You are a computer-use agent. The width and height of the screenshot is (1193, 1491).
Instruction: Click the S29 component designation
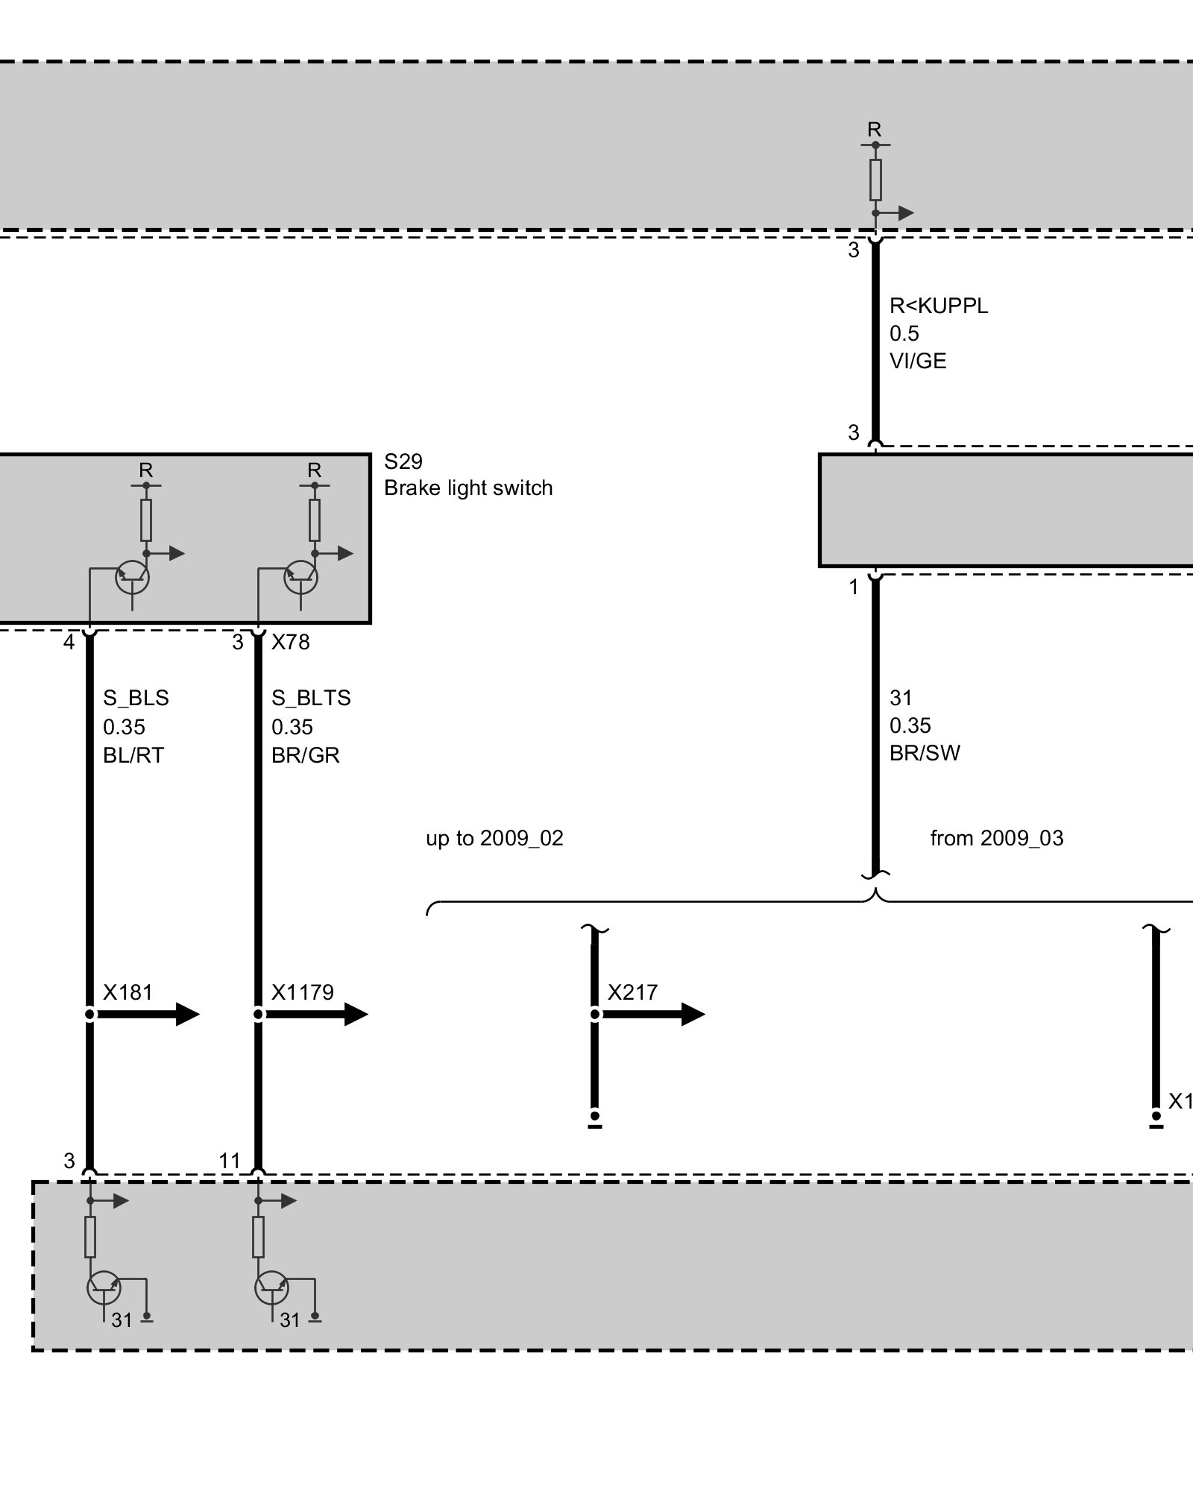[403, 462]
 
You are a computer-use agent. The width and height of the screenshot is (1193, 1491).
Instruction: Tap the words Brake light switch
[468, 488]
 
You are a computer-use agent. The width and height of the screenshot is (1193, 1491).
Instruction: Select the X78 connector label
[291, 642]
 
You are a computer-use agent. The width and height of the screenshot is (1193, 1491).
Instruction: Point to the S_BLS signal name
[136, 699]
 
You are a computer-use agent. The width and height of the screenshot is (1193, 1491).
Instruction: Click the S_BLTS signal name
[311, 699]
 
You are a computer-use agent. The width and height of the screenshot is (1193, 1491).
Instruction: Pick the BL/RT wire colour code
[133, 755]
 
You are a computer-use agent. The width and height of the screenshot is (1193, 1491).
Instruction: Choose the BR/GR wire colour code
[306, 755]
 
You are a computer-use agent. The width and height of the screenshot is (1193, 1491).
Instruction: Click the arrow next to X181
[148, 1014]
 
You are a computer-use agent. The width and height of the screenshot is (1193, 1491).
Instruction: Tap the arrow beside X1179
[316, 1014]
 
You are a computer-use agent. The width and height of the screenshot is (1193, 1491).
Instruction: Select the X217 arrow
[652, 1014]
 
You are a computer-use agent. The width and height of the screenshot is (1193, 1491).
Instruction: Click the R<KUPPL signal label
[939, 306]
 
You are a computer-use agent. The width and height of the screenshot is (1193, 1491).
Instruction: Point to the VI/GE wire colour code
[918, 362]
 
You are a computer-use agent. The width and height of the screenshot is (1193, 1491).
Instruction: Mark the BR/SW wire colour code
[925, 753]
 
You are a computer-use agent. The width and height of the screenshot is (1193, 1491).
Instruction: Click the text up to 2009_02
[494, 839]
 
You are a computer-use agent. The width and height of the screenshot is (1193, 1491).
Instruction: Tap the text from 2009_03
[997, 839]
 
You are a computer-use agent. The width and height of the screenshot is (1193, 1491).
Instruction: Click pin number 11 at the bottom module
[230, 1161]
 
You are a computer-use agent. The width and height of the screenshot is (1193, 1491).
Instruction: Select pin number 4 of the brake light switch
[69, 642]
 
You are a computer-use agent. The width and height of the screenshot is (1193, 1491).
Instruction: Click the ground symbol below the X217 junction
[594, 1120]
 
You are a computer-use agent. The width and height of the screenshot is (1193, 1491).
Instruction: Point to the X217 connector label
[633, 992]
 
